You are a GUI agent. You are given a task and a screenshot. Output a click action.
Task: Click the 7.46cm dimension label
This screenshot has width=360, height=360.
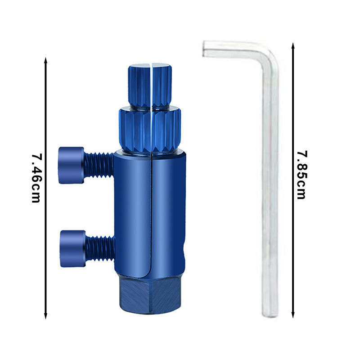pyautogui.click(x=36, y=178)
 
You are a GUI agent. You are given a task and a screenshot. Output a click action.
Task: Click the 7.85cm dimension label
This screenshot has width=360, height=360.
pyautogui.click(x=301, y=175)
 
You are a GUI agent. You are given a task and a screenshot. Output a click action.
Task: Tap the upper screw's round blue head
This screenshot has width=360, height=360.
pyautogui.click(x=71, y=165)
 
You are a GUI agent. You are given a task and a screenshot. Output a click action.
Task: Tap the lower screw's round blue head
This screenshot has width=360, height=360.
pyautogui.click(x=73, y=249)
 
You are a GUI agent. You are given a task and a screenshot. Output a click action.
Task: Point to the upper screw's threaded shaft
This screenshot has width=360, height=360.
pyautogui.click(x=99, y=165)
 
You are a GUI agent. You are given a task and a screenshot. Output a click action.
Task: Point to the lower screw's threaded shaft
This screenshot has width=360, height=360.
pyautogui.click(x=100, y=249)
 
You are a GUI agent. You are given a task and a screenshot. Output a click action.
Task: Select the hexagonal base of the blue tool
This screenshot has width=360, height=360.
pyautogui.click(x=150, y=295)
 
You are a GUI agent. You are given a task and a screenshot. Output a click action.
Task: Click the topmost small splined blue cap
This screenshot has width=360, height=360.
pyautogui.click(x=150, y=85)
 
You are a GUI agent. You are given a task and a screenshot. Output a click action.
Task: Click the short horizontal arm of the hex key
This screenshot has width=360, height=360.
pyautogui.click(x=232, y=49)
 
